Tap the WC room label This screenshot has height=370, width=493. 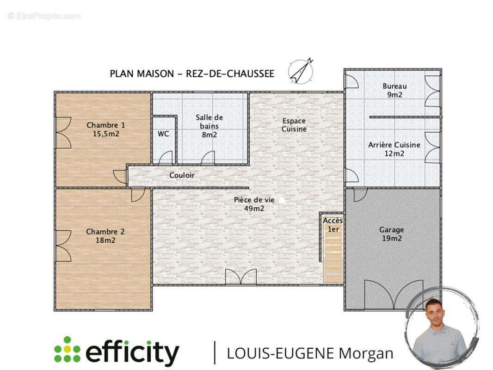[x=163, y=134]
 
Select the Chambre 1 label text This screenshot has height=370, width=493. [x=105, y=125]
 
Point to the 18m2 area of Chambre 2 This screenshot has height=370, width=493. [x=105, y=240]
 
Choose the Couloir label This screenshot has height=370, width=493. [x=182, y=175]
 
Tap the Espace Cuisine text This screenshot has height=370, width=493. [x=294, y=125]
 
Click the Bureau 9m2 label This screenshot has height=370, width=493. [x=394, y=90]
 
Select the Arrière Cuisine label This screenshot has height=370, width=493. [x=394, y=145]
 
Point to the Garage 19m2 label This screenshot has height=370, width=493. [x=391, y=234]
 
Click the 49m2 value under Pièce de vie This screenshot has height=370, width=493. [x=254, y=209]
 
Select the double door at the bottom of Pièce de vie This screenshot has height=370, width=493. [x=241, y=277]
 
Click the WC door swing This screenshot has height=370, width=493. [x=166, y=158]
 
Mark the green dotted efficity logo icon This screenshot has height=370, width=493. [x=67, y=349]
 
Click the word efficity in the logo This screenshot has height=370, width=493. [x=132, y=352]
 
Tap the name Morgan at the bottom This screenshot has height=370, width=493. [x=366, y=353]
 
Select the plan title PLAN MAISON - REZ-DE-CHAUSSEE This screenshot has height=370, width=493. [x=192, y=74]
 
